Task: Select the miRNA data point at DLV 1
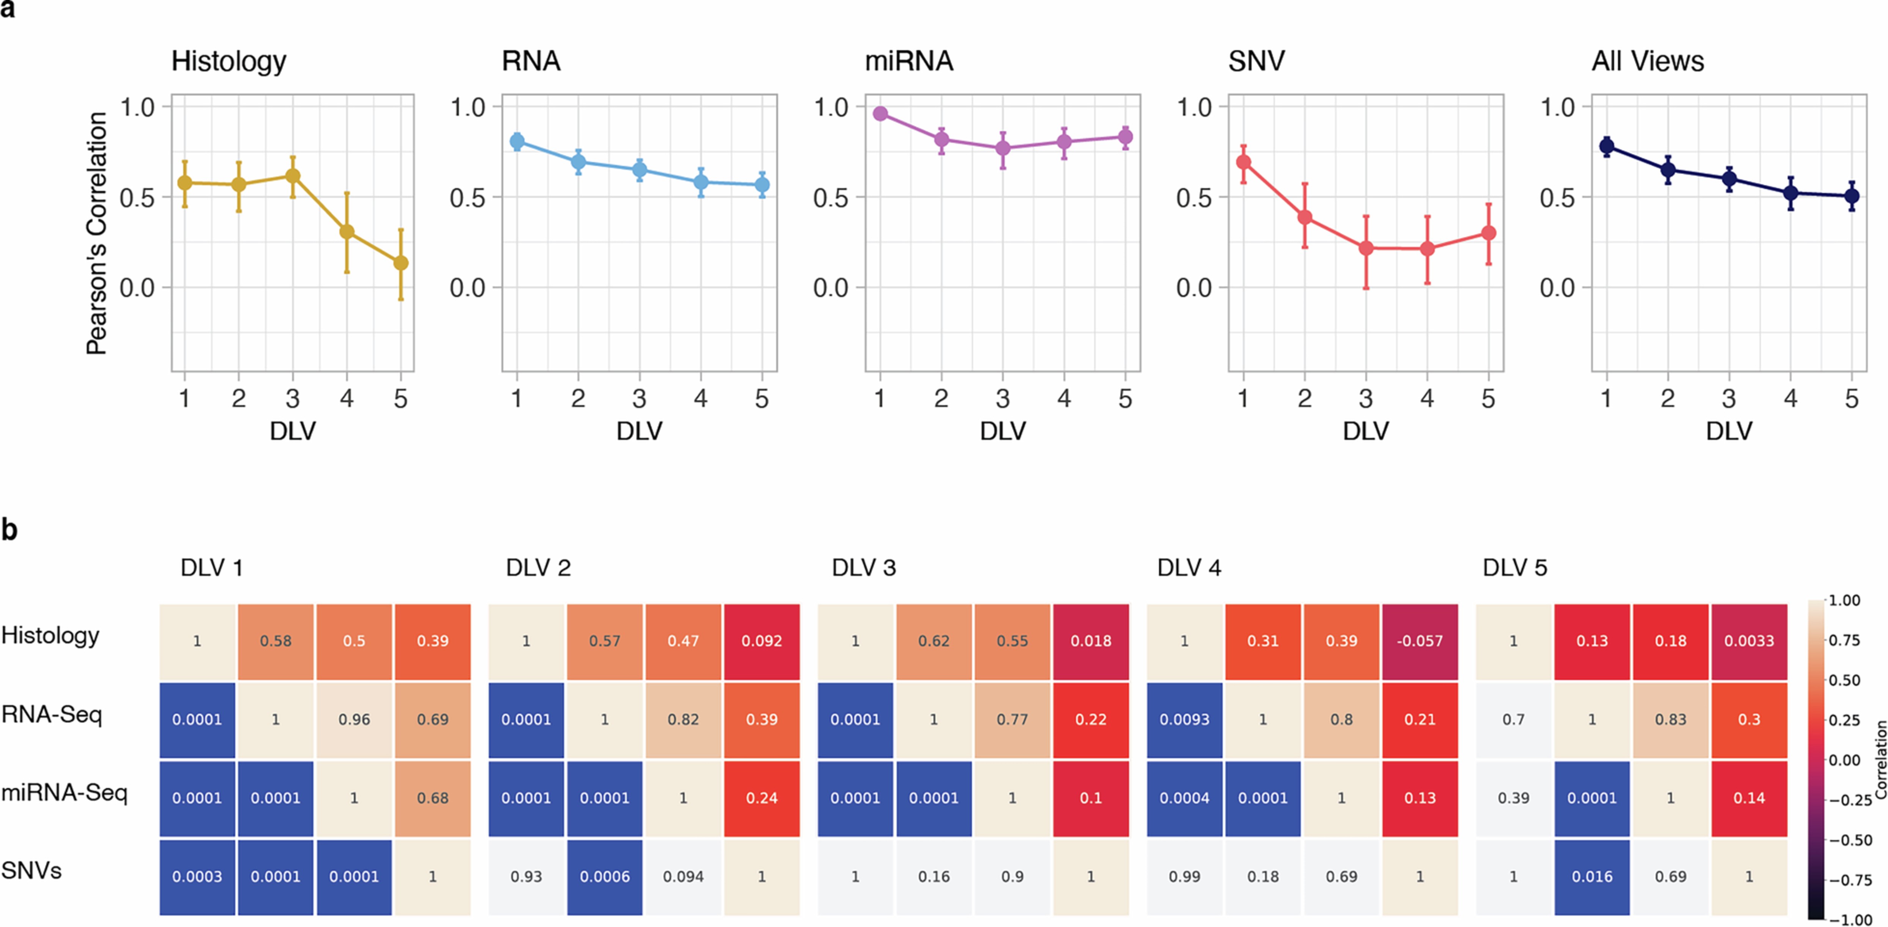pos(880,114)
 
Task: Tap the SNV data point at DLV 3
pos(1366,248)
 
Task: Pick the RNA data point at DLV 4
pos(701,182)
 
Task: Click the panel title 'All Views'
pos(1648,61)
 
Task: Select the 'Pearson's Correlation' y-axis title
pos(97,233)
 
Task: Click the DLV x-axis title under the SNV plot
pos(1366,431)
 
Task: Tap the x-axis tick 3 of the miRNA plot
pos(1003,398)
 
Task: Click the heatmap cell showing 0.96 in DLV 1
pos(354,719)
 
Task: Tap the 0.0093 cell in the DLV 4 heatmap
pos(1185,719)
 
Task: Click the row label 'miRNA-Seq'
pos(65,792)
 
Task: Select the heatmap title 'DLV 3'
pos(863,568)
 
